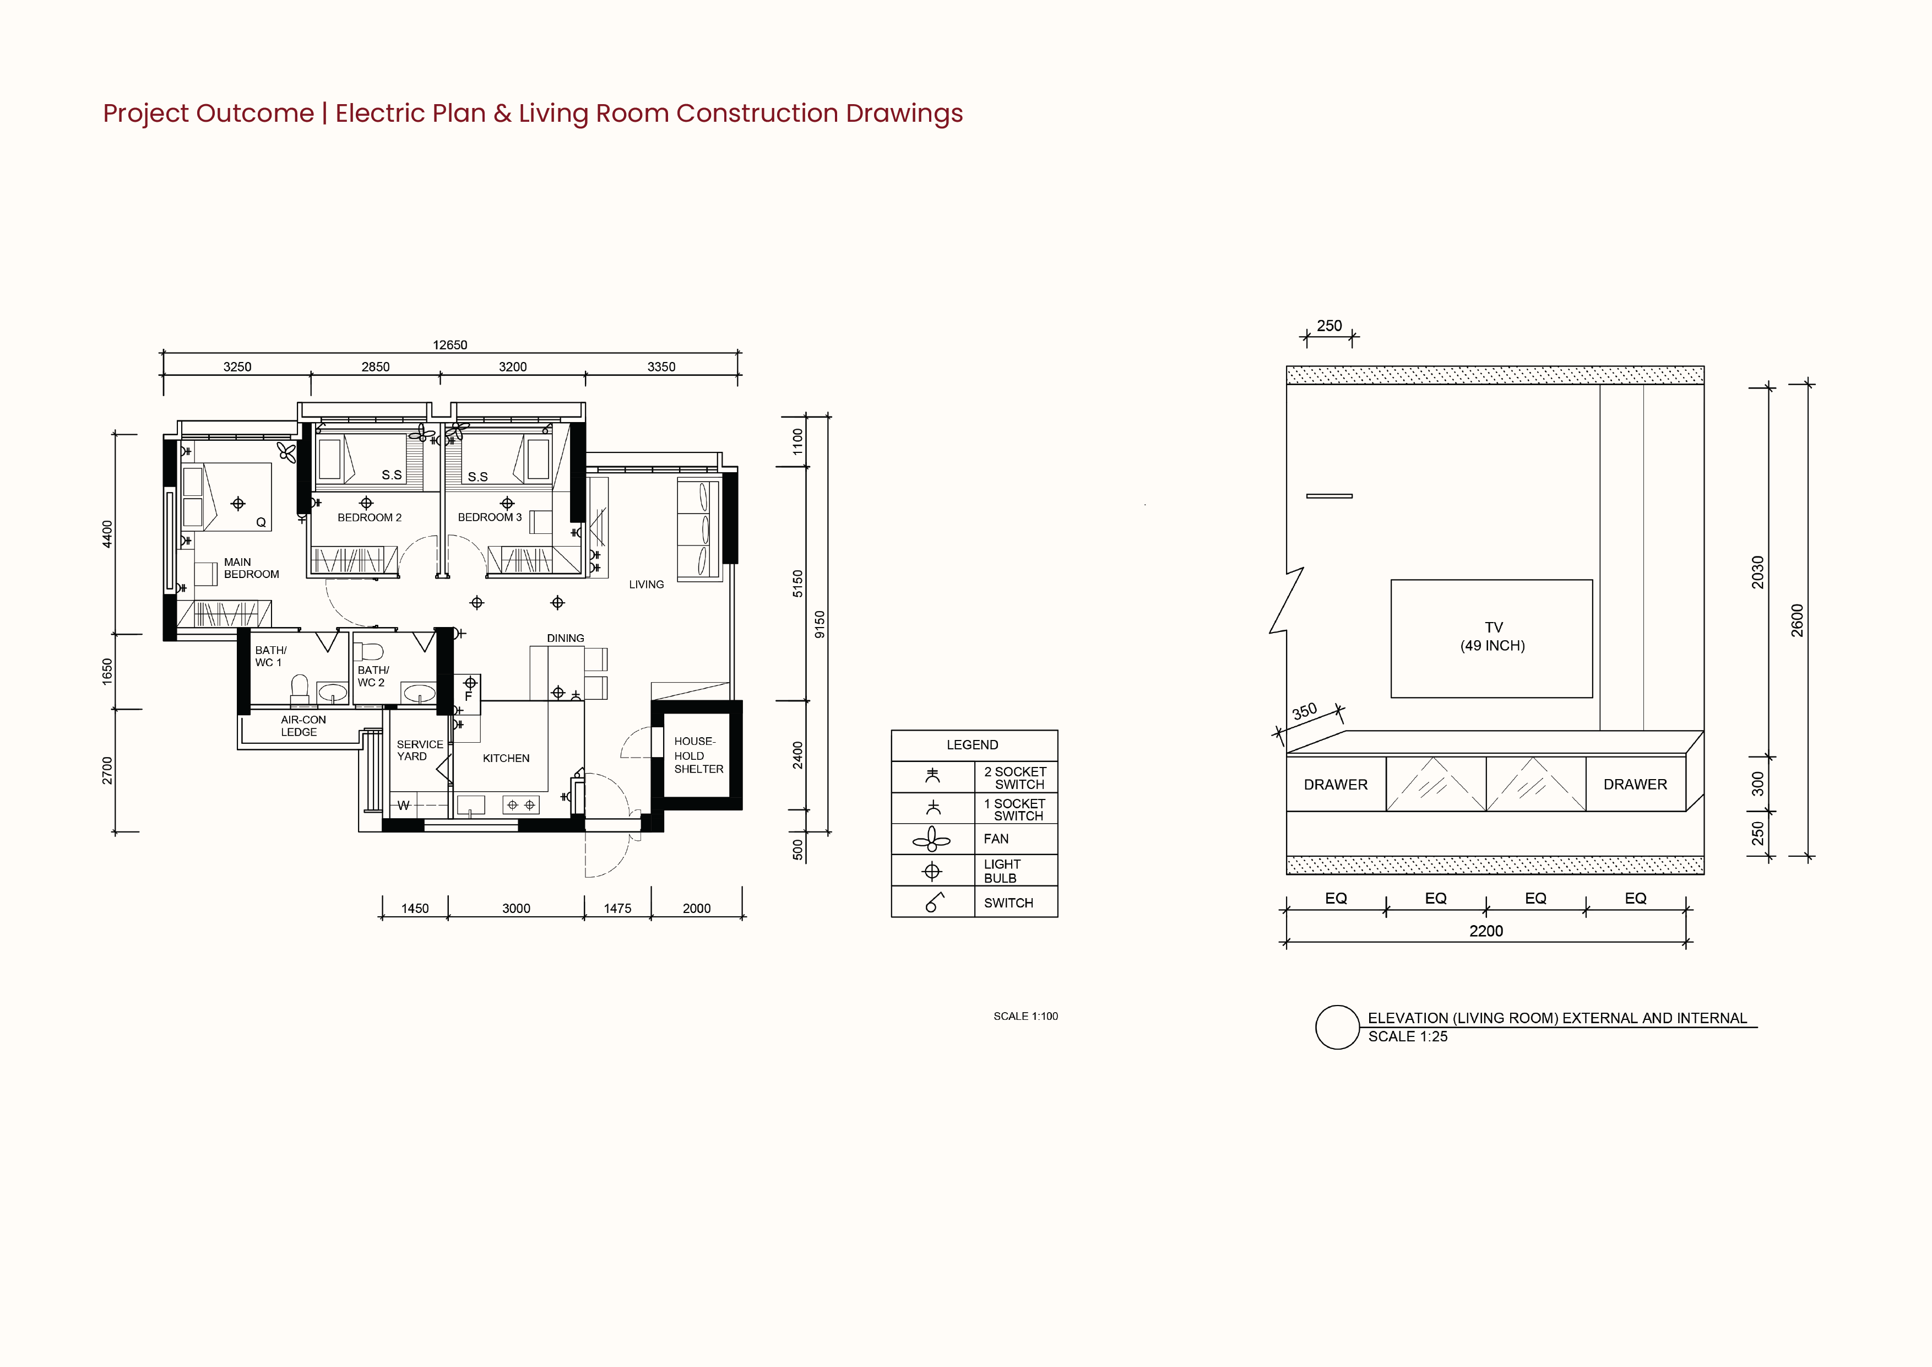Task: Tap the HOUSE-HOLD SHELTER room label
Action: [x=698, y=755]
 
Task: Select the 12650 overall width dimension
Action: [x=450, y=345]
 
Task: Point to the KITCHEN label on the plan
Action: [x=506, y=758]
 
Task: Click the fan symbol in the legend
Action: [x=931, y=839]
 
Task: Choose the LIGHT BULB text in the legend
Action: [x=1002, y=871]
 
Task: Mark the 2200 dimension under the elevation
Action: [x=1486, y=931]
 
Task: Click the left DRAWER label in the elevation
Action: [x=1336, y=785]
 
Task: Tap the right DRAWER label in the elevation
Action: [x=1635, y=785]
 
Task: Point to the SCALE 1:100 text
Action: [x=1025, y=1016]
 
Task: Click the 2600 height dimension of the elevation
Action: [x=1797, y=620]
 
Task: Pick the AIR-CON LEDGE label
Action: [x=303, y=726]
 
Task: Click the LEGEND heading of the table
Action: [x=972, y=745]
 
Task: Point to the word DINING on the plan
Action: [x=566, y=638]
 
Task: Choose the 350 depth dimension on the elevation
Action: [x=1304, y=711]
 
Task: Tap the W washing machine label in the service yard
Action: [x=404, y=806]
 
